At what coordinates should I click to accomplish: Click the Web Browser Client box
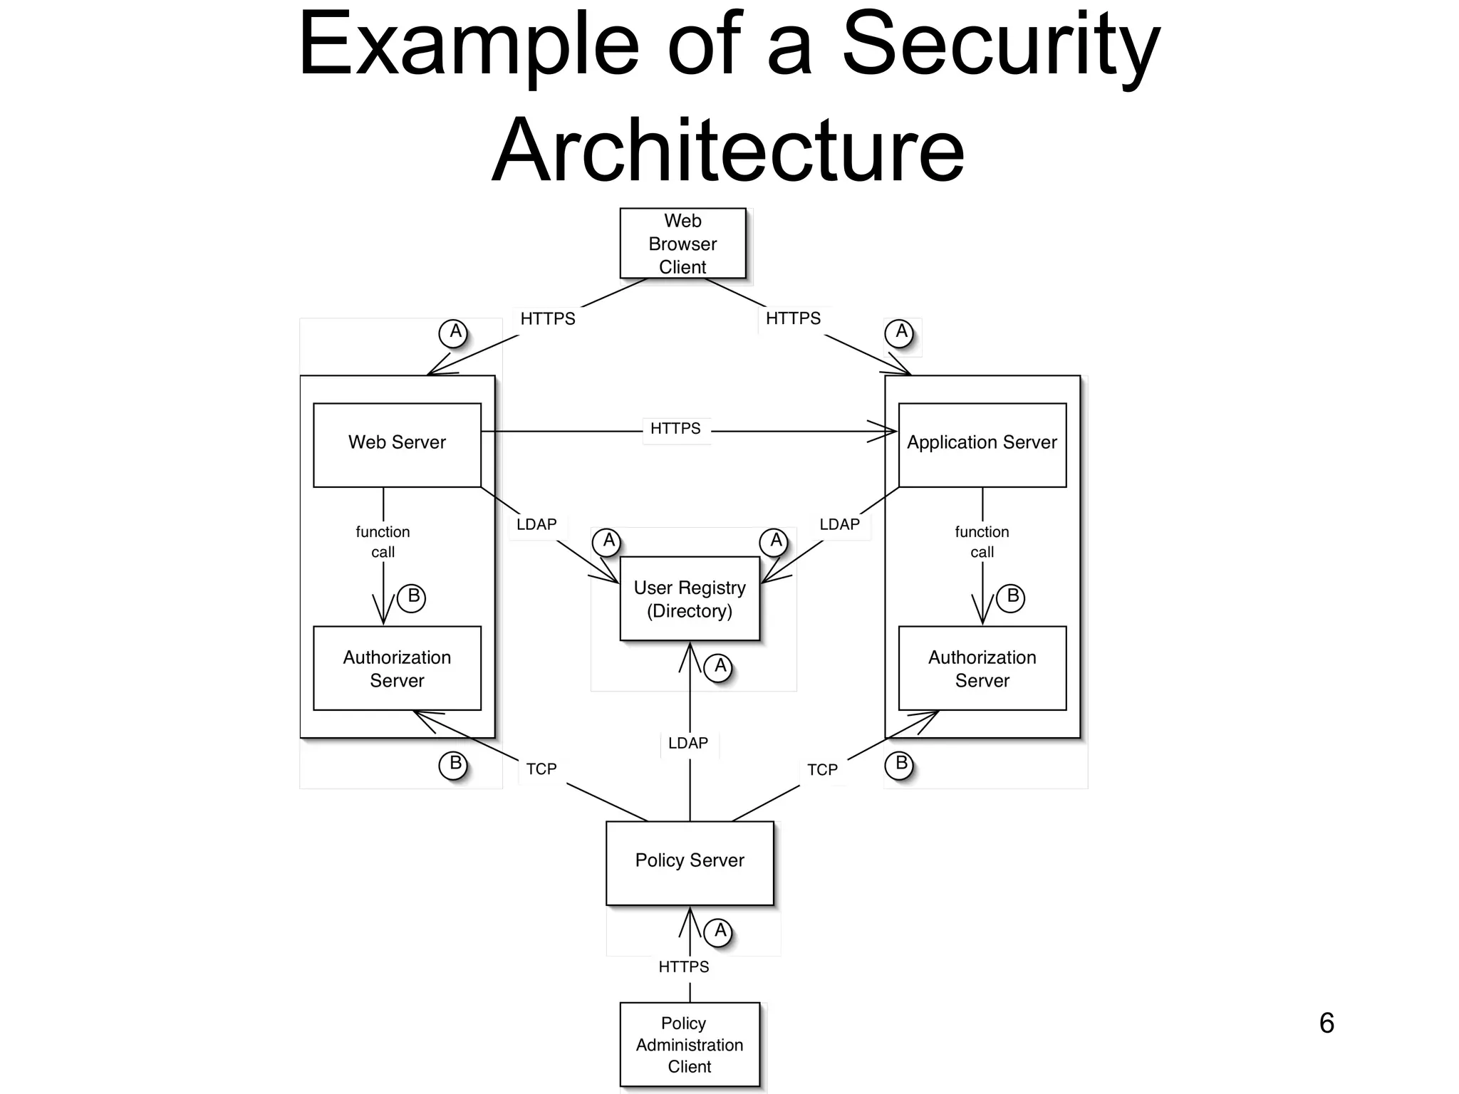pos(682,244)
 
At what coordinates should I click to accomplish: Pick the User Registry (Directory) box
pos(690,598)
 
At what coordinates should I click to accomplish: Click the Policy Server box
pos(690,862)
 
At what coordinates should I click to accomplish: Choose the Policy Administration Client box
pos(690,1044)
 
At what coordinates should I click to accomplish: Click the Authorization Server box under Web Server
pos(397,668)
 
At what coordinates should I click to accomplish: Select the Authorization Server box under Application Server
pos(982,668)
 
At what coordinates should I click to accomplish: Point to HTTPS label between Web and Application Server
pos(675,429)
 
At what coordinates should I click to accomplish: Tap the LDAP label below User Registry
pos(688,743)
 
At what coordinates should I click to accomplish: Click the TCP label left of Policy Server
pos(541,769)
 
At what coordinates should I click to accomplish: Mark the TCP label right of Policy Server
pos(822,770)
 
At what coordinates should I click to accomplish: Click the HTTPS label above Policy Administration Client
pos(684,967)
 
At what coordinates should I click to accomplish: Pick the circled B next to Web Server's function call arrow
pos(412,597)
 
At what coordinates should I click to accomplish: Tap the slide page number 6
pos(1326,1023)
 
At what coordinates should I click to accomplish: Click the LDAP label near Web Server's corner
pos(536,524)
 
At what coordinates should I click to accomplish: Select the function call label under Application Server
pos(982,541)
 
